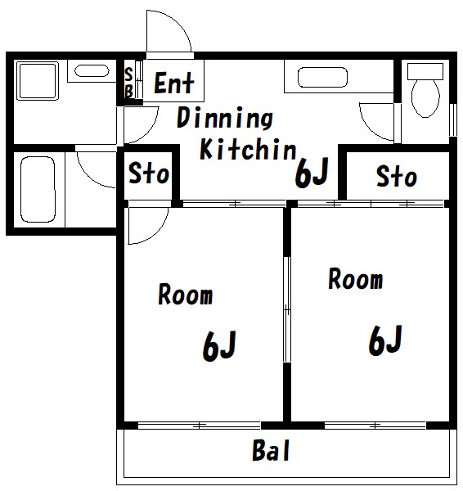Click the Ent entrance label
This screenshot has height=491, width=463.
pos(174,83)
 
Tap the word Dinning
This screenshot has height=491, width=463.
pos(225,118)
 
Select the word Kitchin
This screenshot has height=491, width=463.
pos(248,149)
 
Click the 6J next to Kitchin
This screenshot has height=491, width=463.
pos(312,173)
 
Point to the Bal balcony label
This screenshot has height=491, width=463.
pos(271,450)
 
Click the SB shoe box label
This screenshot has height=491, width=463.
pos(128,83)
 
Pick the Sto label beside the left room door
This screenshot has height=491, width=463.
pos(149,173)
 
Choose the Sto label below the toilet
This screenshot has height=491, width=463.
pos(397,177)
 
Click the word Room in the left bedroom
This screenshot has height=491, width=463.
pos(186,294)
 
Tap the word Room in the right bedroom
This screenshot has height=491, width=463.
pos(356,278)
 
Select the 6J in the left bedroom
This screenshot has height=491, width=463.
pos(219,345)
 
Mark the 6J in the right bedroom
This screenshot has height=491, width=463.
pos(385,340)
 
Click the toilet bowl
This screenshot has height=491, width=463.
pos(425,97)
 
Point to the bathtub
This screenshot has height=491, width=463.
pos(38,190)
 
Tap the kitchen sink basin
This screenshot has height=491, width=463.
pos(323,77)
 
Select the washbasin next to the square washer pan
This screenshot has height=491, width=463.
pos(92,70)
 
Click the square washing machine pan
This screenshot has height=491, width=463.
pos(38,81)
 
